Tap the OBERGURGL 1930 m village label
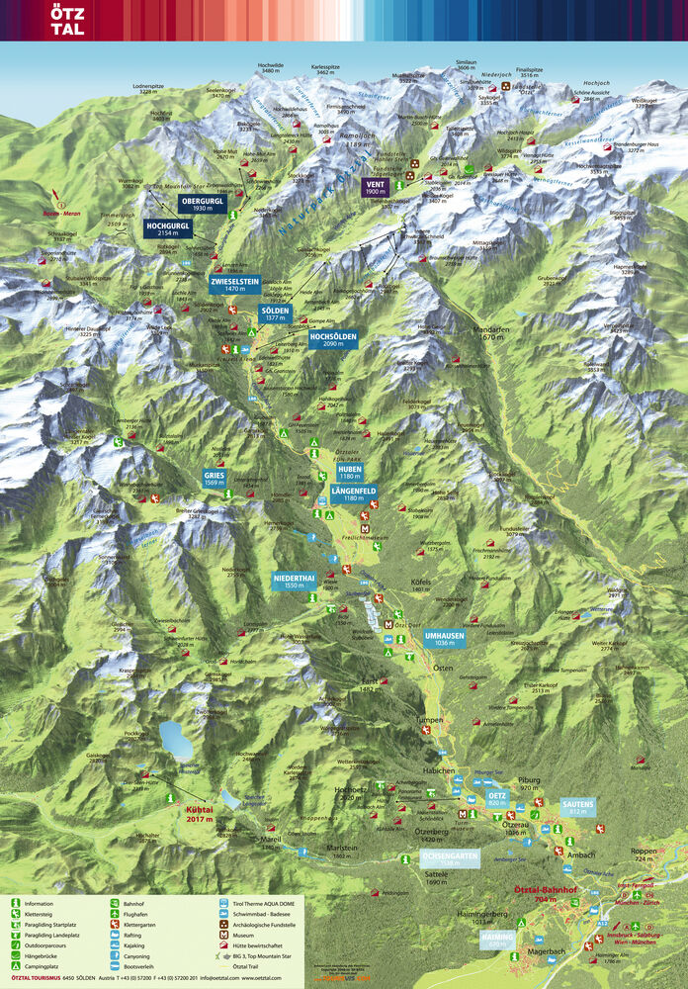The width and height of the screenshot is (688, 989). tap(203, 204)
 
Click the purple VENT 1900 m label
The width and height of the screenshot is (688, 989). tap(375, 186)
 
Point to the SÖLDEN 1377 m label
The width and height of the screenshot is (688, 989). tap(274, 314)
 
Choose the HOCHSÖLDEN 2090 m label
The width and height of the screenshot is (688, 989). tap(332, 339)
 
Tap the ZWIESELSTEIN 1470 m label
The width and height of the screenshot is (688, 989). tap(234, 284)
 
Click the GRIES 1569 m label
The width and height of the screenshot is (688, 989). tap(215, 478)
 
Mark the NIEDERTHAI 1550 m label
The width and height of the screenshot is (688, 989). tap(295, 581)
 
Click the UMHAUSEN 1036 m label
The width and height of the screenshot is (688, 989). tap(445, 638)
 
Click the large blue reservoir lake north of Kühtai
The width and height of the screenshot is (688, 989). tap(176, 739)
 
